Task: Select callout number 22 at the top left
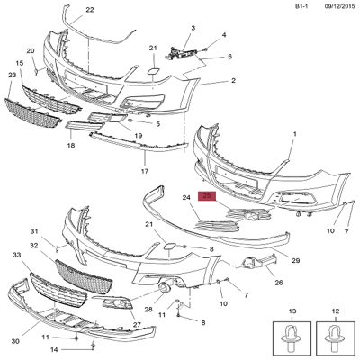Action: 89,10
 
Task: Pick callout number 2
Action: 232,81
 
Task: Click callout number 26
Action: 254,282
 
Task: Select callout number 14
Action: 53,348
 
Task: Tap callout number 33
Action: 15,256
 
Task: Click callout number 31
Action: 35,230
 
